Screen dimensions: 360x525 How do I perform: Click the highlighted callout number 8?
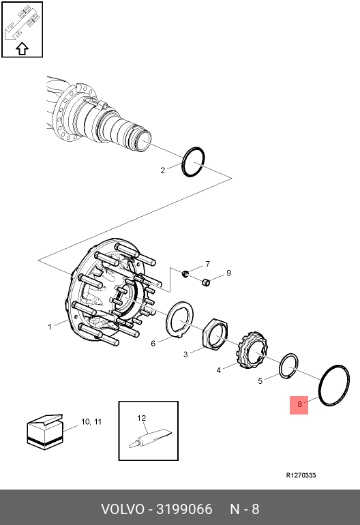coord(299,404)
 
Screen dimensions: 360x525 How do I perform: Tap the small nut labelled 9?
coord(206,282)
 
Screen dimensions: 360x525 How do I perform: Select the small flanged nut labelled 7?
coord(185,274)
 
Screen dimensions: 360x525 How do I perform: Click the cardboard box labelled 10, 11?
coord(45,432)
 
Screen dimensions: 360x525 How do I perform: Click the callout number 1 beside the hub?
coord(50,327)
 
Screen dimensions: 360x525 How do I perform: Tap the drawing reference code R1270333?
coord(301,475)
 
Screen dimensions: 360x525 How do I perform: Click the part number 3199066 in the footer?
coord(184,509)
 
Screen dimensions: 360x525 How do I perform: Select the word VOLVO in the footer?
coord(123,509)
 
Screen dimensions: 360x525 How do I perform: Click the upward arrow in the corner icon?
coord(22,48)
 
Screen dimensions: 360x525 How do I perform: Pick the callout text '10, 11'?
coord(91,421)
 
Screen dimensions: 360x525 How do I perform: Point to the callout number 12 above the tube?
coord(142,418)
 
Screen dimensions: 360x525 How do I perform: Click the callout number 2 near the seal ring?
coord(163,170)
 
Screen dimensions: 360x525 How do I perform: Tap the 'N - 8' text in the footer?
coord(245,509)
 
